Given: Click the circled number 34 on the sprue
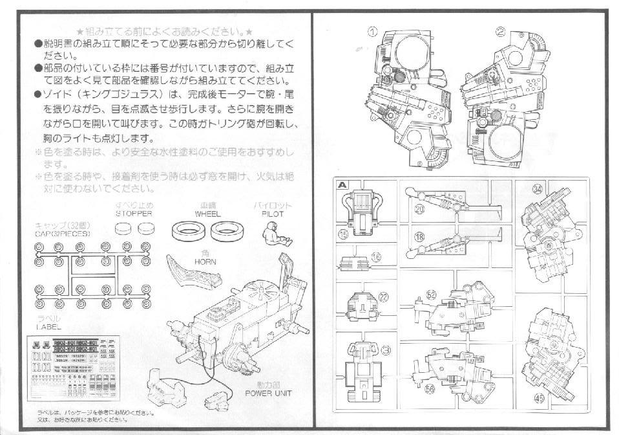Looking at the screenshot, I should tap(537, 190).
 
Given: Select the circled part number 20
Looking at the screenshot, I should tap(419, 208).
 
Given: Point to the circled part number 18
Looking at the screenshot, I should tap(419, 237).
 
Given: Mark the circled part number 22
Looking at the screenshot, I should tap(383, 297).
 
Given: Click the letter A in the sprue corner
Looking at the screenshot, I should tap(342, 184).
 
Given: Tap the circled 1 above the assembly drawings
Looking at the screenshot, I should tap(373, 31).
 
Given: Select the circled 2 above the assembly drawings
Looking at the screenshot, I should tap(500, 31).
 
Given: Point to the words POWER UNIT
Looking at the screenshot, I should tap(269, 393).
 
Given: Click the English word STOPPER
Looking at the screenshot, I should tap(134, 213).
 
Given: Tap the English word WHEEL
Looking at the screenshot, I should tap(208, 213).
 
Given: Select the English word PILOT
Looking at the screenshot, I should tap(273, 213).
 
